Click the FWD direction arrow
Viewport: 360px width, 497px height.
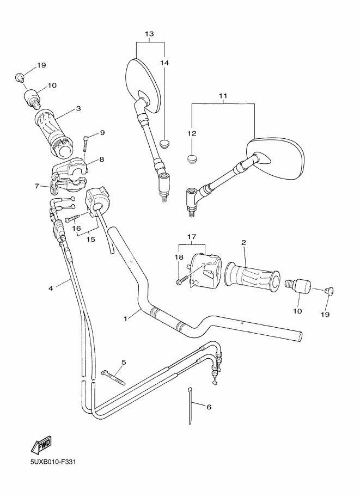(x=41, y=445)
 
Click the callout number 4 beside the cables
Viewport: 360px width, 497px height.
(x=50, y=288)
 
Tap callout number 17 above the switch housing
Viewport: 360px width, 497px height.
(x=192, y=237)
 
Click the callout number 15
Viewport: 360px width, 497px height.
(x=90, y=239)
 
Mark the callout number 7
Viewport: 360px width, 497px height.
(x=38, y=186)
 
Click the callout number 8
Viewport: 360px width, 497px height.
(x=101, y=159)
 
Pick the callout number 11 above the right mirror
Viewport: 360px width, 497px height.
(x=223, y=96)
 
